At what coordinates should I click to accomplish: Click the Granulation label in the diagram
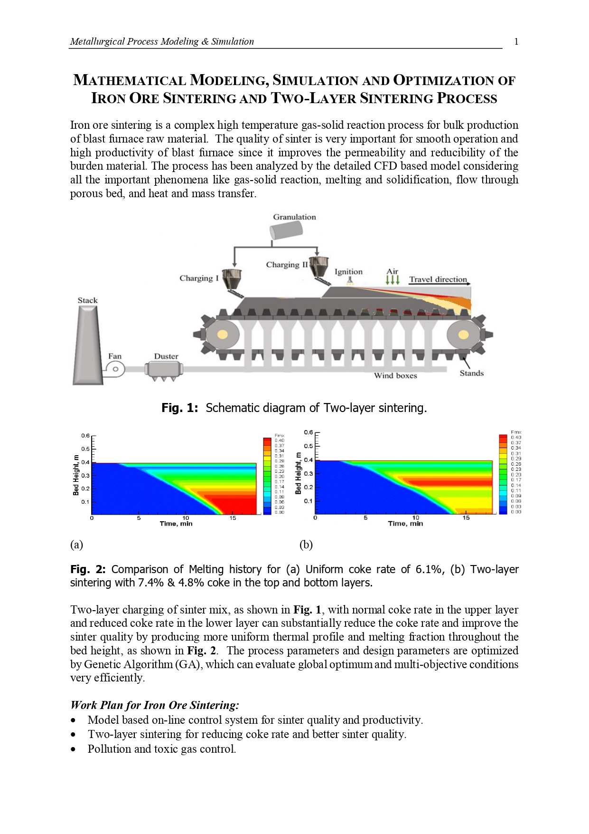click(x=294, y=217)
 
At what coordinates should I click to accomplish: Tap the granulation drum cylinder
click(x=286, y=231)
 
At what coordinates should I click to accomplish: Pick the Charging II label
click(x=287, y=265)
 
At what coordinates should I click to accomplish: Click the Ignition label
click(x=348, y=272)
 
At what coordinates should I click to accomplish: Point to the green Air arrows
click(x=393, y=279)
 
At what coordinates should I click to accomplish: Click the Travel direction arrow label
click(x=438, y=279)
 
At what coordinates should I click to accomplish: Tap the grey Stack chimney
click(x=88, y=345)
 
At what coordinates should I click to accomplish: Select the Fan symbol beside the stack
click(x=115, y=369)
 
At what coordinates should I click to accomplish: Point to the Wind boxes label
click(x=395, y=376)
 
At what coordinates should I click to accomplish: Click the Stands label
click(x=471, y=374)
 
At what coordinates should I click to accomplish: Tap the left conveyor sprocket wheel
click(x=222, y=335)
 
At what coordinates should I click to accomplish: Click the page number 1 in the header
click(x=516, y=42)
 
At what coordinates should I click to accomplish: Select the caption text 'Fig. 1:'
click(x=179, y=408)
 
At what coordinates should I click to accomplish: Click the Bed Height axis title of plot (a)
click(x=76, y=475)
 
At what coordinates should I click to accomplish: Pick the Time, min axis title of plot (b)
click(x=405, y=524)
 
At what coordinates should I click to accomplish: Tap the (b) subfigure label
click(x=306, y=545)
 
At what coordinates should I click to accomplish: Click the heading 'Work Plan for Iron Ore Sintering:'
click(x=155, y=705)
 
